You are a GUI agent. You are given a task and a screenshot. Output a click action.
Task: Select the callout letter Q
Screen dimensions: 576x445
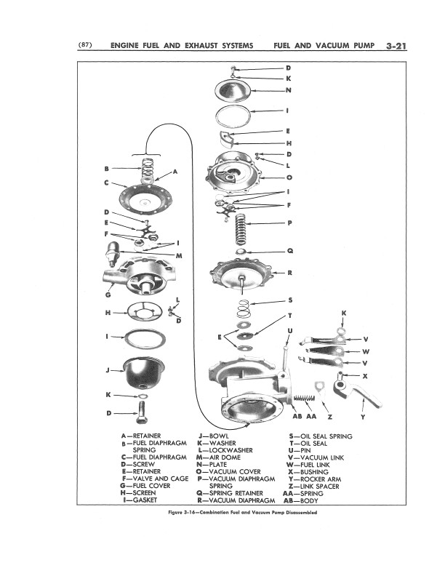(x=290, y=251)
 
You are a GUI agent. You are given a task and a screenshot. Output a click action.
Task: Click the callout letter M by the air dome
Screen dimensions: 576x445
(x=178, y=256)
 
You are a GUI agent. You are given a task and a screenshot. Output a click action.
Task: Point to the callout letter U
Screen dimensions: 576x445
(x=290, y=331)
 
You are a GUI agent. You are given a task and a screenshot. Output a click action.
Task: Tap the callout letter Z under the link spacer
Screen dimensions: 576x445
(x=329, y=417)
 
